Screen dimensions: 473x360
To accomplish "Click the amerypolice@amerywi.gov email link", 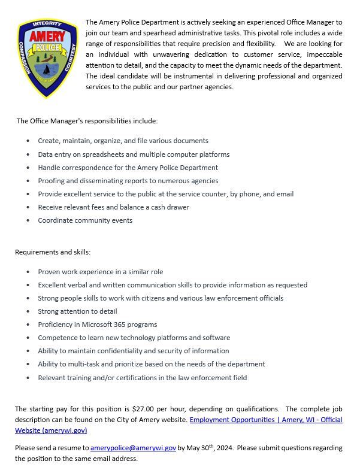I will pyautogui.click(x=133, y=447).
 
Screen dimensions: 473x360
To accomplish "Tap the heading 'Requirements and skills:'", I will pyautogui.click(x=53, y=251).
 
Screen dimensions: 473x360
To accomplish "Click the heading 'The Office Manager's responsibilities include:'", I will pyautogui.click(x=87, y=121).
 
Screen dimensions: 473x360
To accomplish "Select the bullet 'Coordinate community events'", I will pyautogui.click(x=85, y=220).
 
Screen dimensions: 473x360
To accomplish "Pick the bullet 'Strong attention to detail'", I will pyautogui.click(x=77, y=311).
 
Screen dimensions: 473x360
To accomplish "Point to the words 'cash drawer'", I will pyautogui.click(x=170, y=207).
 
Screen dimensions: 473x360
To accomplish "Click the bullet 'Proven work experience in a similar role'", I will pyautogui.click(x=100, y=272).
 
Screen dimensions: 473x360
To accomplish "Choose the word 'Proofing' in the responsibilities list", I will pyautogui.click(x=52, y=181).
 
